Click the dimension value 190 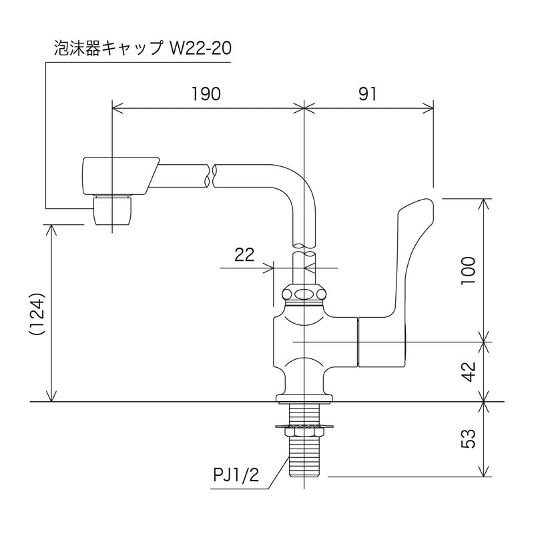tap(206, 94)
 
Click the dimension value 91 tap(367, 94)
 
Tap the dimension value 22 tap(245, 254)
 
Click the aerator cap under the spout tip tap(112, 210)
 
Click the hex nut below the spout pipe tap(304, 294)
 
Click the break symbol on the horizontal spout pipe tap(211, 175)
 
